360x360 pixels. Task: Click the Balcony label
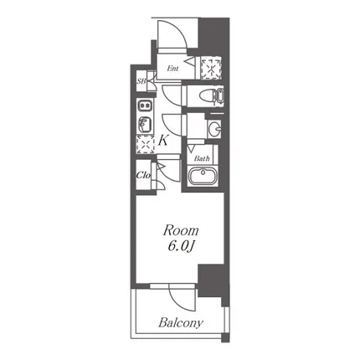click(x=181, y=323)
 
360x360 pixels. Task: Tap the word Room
click(x=181, y=231)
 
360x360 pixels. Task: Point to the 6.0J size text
click(x=181, y=246)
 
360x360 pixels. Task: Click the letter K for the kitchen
click(x=162, y=141)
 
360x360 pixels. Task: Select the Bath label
click(x=202, y=159)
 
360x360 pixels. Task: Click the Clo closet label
click(x=143, y=175)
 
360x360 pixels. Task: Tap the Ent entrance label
click(x=172, y=69)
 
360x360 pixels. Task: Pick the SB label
click(x=141, y=82)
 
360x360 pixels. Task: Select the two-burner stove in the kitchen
click(x=145, y=105)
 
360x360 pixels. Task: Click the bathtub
click(x=203, y=176)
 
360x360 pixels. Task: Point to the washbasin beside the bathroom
click(x=214, y=129)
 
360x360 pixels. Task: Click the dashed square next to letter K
click(x=145, y=144)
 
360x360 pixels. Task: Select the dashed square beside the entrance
click(x=211, y=68)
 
